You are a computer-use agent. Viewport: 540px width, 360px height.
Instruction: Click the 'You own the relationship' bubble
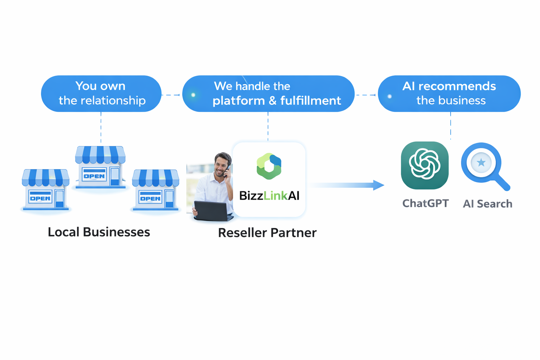pyautogui.click(x=101, y=94)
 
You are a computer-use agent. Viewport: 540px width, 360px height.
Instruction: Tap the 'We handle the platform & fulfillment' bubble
pyautogui.click(x=268, y=94)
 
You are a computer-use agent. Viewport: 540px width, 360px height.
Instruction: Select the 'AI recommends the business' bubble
pyautogui.click(x=449, y=94)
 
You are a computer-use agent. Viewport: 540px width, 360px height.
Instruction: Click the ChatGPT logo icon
pyautogui.click(x=425, y=165)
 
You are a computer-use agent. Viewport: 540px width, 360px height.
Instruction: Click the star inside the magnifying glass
pyautogui.click(x=481, y=162)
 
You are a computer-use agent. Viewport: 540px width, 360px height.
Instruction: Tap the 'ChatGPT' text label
pyautogui.click(x=425, y=203)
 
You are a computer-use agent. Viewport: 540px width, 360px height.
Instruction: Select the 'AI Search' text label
pyautogui.click(x=487, y=204)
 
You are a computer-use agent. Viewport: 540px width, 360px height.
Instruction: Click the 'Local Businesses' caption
pyautogui.click(x=99, y=232)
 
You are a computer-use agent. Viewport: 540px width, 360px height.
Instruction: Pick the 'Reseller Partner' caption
pyautogui.click(x=267, y=233)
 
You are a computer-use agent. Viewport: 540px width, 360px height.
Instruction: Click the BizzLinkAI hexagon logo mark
pyautogui.click(x=269, y=166)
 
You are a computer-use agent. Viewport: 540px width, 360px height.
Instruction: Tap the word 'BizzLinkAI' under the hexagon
pyautogui.click(x=269, y=195)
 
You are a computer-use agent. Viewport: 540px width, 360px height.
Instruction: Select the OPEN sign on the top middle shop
pyautogui.click(x=94, y=175)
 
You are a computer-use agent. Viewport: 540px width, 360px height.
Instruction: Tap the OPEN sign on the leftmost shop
pyautogui.click(x=40, y=198)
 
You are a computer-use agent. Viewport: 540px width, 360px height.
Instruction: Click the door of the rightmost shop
pyautogui.click(x=169, y=199)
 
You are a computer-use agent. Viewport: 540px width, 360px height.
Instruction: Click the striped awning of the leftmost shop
pyautogui.click(x=45, y=177)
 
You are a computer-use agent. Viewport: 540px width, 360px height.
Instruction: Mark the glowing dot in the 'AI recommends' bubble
pyautogui.click(x=390, y=96)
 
